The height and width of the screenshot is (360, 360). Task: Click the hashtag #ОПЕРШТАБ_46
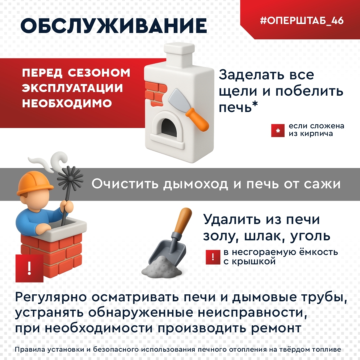pos(302,21)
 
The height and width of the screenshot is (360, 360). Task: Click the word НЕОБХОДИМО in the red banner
pos(67,103)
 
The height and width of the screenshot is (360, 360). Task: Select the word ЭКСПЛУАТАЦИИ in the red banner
pos(72,88)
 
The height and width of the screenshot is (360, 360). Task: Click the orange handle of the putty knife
pos(197,119)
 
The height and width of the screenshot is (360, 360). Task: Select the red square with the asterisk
pos(278,131)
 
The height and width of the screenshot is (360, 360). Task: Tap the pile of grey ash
pos(162,266)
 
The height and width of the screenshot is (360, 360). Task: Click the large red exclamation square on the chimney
pos(29,268)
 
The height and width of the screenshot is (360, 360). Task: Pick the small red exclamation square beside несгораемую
pos(213,257)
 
